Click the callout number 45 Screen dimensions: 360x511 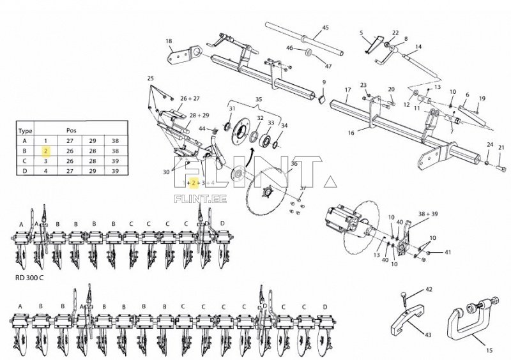[325, 28]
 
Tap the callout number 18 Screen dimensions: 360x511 [169, 41]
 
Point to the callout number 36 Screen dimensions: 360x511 [294, 164]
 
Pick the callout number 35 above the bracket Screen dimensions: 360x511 [259, 100]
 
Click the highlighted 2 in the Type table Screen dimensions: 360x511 [46, 151]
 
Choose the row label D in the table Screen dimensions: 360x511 [25, 172]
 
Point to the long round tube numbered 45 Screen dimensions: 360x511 [300, 38]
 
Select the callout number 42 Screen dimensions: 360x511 [429, 290]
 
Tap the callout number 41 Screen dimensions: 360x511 [447, 253]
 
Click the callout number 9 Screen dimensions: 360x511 [324, 82]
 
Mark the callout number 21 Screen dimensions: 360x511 [501, 148]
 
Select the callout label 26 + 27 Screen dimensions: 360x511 [190, 99]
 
